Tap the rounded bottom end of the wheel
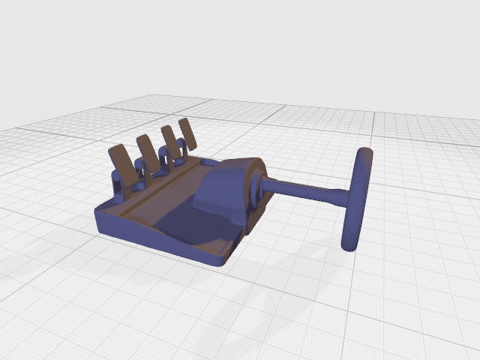(x=349, y=244)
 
